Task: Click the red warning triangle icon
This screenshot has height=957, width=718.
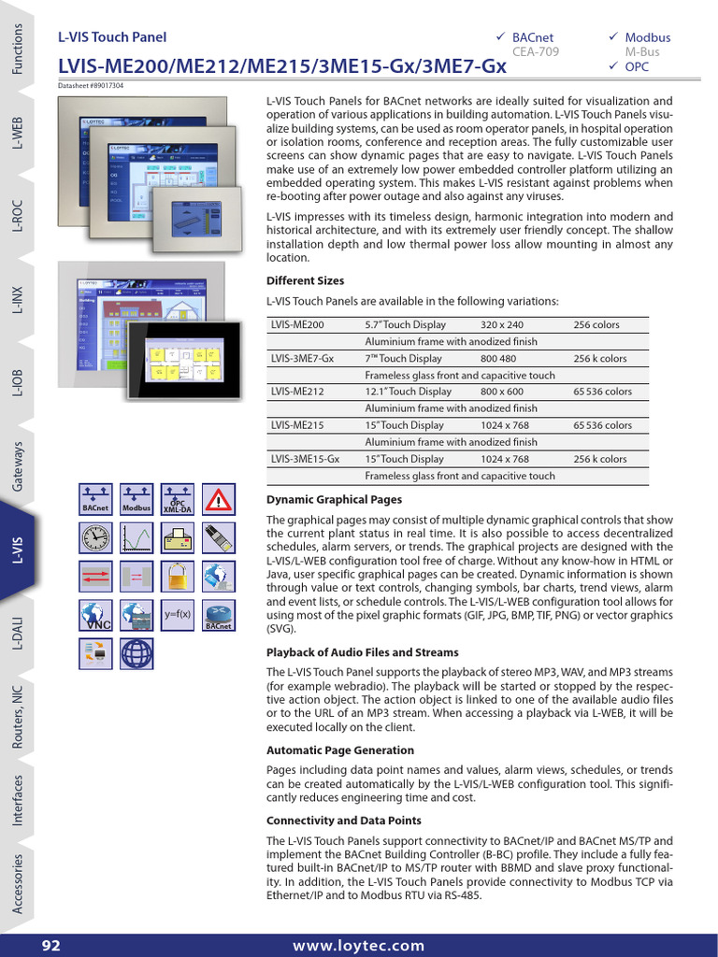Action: (x=218, y=500)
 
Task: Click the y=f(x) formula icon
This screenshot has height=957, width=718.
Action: (x=177, y=615)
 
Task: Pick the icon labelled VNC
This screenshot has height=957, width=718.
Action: (x=95, y=615)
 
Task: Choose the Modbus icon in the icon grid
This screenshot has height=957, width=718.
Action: (x=136, y=500)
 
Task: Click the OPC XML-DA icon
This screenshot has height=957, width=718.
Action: (x=177, y=500)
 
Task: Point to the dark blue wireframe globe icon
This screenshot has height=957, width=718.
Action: (x=136, y=652)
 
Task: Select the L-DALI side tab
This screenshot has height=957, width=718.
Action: (x=18, y=633)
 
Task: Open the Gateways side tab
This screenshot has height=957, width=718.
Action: (x=18, y=466)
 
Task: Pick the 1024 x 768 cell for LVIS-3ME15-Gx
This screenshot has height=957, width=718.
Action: (x=505, y=459)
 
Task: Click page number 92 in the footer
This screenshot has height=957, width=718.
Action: (x=50, y=946)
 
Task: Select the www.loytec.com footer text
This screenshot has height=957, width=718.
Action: (x=358, y=946)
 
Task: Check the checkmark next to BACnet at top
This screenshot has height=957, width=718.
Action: (x=501, y=36)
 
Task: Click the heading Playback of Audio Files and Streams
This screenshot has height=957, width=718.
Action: (x=362, y=652)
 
